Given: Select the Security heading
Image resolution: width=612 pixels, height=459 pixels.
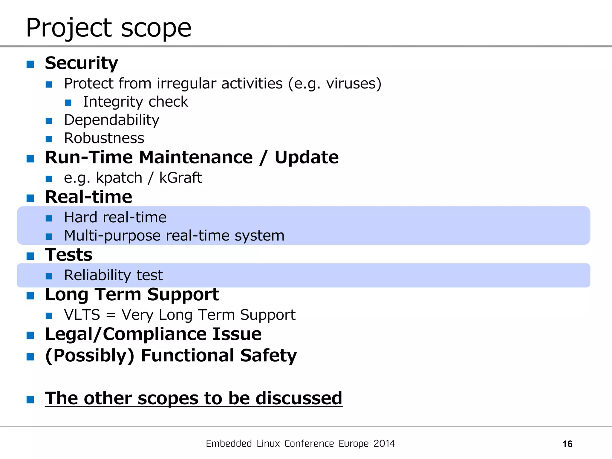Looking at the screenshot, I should click(81, 63).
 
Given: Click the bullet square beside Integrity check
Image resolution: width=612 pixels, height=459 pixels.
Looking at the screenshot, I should click(68, 102).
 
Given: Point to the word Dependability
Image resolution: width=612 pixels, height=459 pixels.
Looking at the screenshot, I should click(111, 120).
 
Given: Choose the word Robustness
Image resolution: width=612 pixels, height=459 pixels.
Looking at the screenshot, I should click(104, 138).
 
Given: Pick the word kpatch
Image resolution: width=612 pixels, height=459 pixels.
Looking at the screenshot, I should click(119, 178).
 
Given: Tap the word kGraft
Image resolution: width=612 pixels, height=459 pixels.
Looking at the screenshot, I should click(180, 178).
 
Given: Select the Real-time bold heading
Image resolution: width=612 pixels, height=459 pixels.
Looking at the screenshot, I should click(88, 197).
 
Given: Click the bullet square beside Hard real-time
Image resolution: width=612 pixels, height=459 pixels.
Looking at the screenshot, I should click(49, 218).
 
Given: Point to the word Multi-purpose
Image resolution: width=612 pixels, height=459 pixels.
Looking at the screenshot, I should click(112, 236).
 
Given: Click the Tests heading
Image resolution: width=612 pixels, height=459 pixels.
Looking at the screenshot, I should click(68, 255).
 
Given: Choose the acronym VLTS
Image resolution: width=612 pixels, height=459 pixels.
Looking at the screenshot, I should click(82, 315).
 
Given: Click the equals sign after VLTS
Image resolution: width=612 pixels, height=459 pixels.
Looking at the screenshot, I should click(111, 315).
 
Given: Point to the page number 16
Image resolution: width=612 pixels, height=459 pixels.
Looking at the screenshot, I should click(567, 444).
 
